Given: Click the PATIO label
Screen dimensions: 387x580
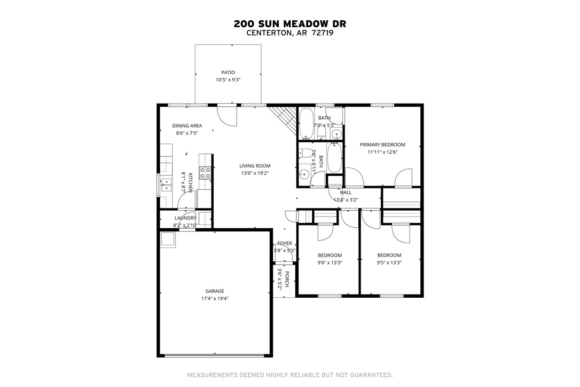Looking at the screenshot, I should (x=228, y=73).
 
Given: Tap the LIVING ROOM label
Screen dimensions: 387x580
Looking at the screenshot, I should (x=255, y=166).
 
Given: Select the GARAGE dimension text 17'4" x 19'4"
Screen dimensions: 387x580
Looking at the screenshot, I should (x=215, y=299).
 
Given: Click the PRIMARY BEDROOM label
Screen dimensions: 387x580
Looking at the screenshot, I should (x=382, y=144).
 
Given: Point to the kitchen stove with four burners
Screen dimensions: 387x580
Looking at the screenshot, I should (x=205, y=172).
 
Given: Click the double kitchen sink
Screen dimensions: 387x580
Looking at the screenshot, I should (x=166, y=185).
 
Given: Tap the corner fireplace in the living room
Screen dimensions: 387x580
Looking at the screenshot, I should (x=284, y=119).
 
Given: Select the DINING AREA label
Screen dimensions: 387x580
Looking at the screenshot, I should (x=187, y=126).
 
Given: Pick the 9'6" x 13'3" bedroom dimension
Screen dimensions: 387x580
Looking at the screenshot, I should (x=330, y=262).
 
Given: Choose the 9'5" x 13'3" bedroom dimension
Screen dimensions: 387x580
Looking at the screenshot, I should (x=389, y=262).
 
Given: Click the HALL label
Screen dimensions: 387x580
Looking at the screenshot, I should (x=346, y=192).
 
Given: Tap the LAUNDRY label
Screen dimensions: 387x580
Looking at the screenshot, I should (x=185, y=218).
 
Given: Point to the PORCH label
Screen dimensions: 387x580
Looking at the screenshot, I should (x=286, y=278).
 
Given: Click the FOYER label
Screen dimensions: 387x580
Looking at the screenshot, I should (x=284, y=243).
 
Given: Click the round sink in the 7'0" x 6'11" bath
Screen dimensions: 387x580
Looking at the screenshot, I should (x=304, y=174).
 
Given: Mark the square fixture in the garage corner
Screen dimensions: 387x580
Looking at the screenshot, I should (x=167, y=241).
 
